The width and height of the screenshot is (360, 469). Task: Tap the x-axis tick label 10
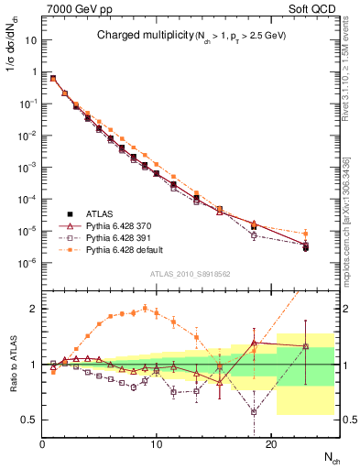coord(157,443)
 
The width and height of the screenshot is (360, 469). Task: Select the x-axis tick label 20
coord(271,443)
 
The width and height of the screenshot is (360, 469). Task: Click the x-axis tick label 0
coord(43,443)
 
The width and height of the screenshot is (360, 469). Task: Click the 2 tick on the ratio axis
coord(33,309)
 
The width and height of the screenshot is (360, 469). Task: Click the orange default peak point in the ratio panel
coord(145,308)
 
